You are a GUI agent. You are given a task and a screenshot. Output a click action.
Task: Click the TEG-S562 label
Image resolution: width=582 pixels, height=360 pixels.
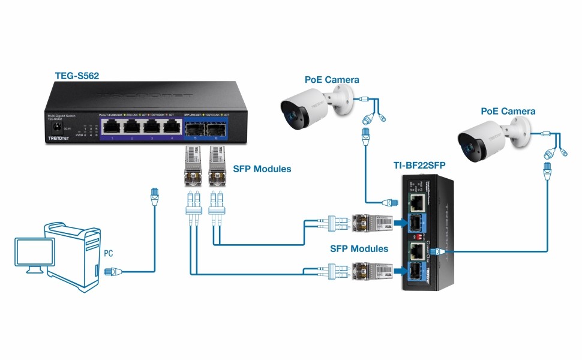click(x=76, y=76)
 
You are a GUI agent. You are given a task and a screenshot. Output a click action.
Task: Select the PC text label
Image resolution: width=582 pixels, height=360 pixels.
click(x=108, y=253)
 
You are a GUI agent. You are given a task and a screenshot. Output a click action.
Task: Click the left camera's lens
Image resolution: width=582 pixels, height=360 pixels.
click(x=290, y=111)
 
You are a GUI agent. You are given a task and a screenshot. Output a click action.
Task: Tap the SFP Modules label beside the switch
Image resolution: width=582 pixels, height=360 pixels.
click(x=262, y=169)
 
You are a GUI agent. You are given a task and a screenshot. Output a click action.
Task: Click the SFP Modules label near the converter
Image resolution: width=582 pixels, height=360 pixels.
click(x=359, y=248)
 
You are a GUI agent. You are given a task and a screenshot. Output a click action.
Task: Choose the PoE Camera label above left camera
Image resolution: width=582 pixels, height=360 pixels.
click(x=332, y=80)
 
